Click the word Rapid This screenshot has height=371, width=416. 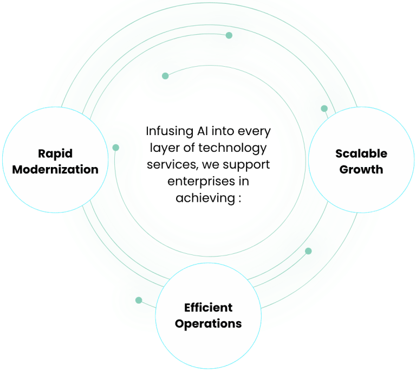pos(55,153)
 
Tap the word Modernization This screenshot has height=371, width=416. pos(55,169)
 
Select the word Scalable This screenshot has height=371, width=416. pos(361,153)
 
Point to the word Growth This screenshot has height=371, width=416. pos(361,169)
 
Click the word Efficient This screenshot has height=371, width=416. pos(208,308)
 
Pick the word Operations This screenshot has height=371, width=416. pos(208,324)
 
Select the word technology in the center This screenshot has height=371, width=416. pos(239,148)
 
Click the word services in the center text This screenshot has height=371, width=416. pos(167,164)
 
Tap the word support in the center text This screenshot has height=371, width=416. pos(248,164)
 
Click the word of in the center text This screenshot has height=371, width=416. pos(190,148)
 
